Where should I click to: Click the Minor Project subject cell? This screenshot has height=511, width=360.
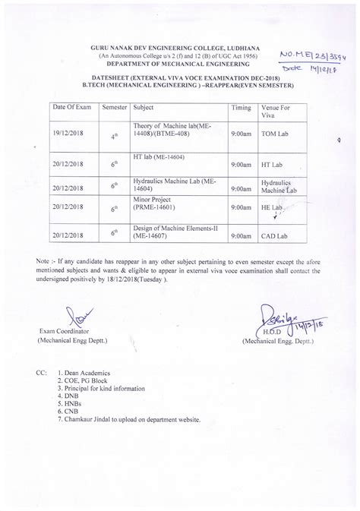155,207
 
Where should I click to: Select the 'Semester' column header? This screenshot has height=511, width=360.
115,109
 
